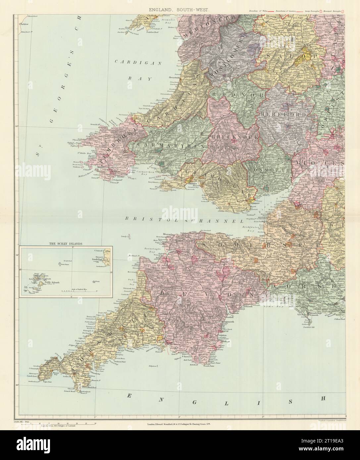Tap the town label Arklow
click(x=25, y=24)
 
